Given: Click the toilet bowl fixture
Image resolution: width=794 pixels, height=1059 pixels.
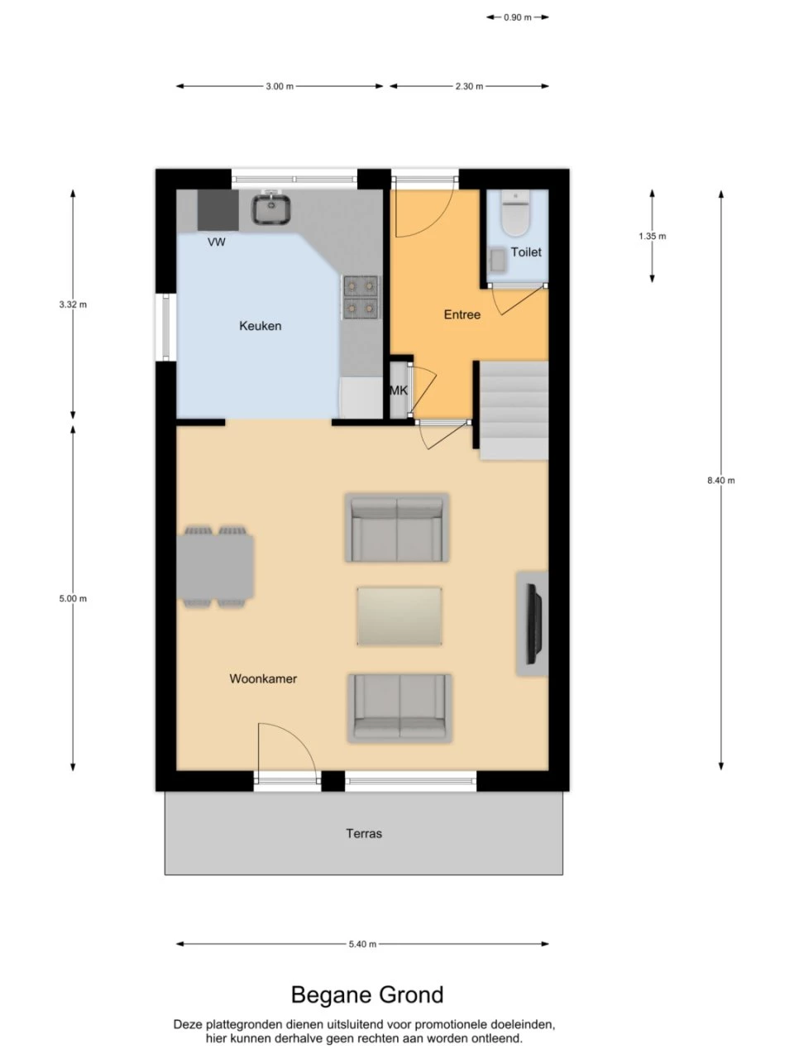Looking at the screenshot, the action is (516, 213).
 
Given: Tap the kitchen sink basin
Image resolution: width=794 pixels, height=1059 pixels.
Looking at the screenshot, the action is (271, 208).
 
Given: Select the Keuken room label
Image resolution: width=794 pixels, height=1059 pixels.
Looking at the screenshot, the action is (261, 326).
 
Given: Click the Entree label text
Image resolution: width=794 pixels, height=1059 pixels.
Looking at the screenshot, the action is (462, 314).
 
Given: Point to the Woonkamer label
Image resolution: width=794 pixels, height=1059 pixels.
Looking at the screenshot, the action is (263, 678).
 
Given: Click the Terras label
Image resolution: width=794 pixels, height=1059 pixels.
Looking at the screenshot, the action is (364, 833).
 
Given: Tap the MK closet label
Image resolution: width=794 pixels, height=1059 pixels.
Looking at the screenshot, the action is (399, 391).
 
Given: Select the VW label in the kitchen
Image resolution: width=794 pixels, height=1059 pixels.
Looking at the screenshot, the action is (217, 242).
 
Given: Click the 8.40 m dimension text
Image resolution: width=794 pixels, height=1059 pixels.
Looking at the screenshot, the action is (721, 481).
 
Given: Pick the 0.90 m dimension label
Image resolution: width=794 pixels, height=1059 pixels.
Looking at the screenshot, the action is (518, 17).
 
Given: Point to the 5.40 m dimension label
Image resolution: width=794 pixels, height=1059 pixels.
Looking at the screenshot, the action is (362, 944).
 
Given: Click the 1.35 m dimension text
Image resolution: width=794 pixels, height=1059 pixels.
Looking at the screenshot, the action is (653, 236).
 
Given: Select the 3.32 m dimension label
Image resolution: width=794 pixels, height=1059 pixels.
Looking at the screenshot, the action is (74, 304).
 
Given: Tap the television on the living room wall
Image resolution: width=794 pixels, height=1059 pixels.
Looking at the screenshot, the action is (534, 623).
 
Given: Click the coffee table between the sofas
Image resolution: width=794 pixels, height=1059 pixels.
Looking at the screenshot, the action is (399, 616).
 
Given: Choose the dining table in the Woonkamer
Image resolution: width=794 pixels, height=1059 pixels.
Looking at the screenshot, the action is (215, 567).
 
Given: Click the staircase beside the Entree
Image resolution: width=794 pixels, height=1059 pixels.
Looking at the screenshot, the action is (514, 410).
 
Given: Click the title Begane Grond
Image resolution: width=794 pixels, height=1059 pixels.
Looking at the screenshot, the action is (367, 994).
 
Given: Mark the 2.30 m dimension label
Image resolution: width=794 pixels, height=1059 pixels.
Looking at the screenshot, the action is (469, 86).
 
